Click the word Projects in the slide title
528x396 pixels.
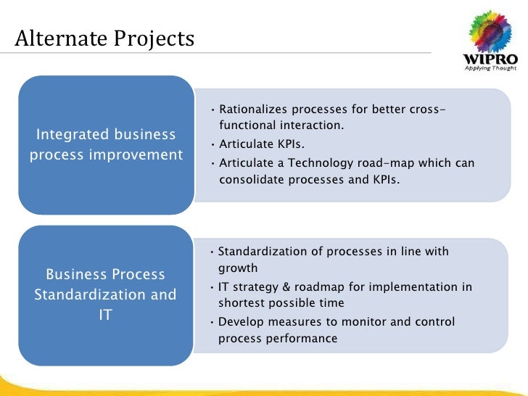coord(154,37)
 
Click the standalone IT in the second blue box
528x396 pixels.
coord(105,315)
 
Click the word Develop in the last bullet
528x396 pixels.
coord(239,322)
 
